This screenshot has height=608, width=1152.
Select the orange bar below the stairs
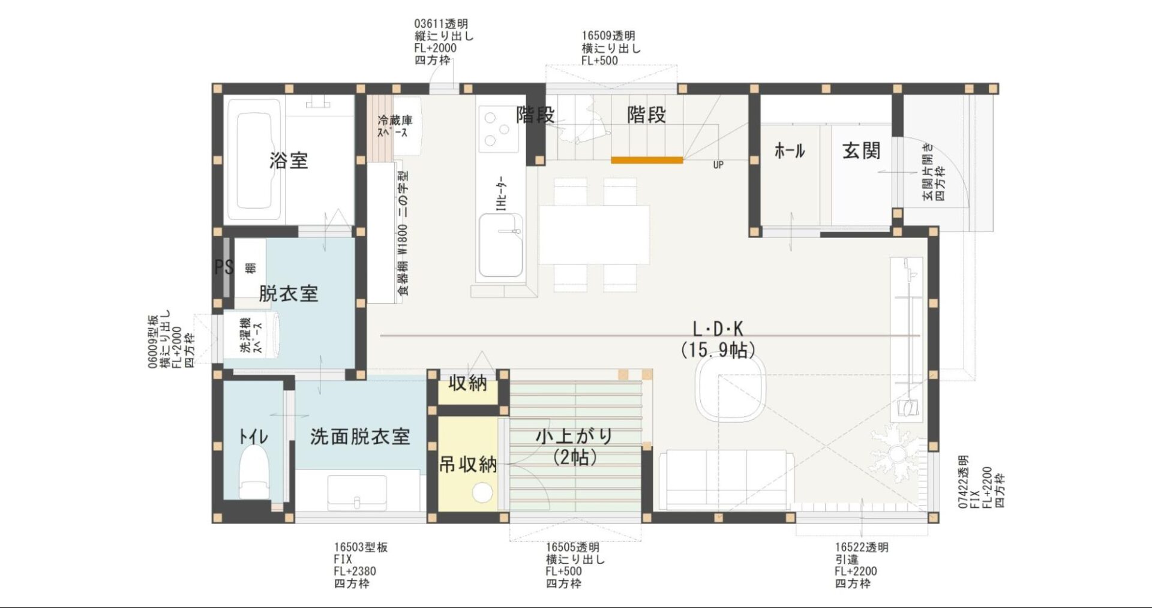tap(647, 160)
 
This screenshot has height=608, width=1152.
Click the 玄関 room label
tap(861, 151)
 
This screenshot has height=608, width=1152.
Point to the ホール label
tap(789, 151)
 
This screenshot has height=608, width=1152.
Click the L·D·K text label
tap(718, 329)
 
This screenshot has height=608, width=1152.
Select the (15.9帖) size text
tap(718, 349)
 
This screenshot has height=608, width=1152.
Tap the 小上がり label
tap(574, 436)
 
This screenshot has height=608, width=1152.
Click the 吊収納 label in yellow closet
tap(468, 464)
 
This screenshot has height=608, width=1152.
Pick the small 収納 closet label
tap(467, 383)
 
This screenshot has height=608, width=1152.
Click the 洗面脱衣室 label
tap(360, 437)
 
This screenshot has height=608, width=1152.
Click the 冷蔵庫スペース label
tap(394, 126)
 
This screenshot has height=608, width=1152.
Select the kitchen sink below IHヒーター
tap(500, 246)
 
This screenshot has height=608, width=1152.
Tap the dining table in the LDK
tap(593, 234)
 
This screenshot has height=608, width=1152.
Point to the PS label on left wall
tap(223, 267)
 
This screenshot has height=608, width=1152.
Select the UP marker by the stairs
tap(718, 165)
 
